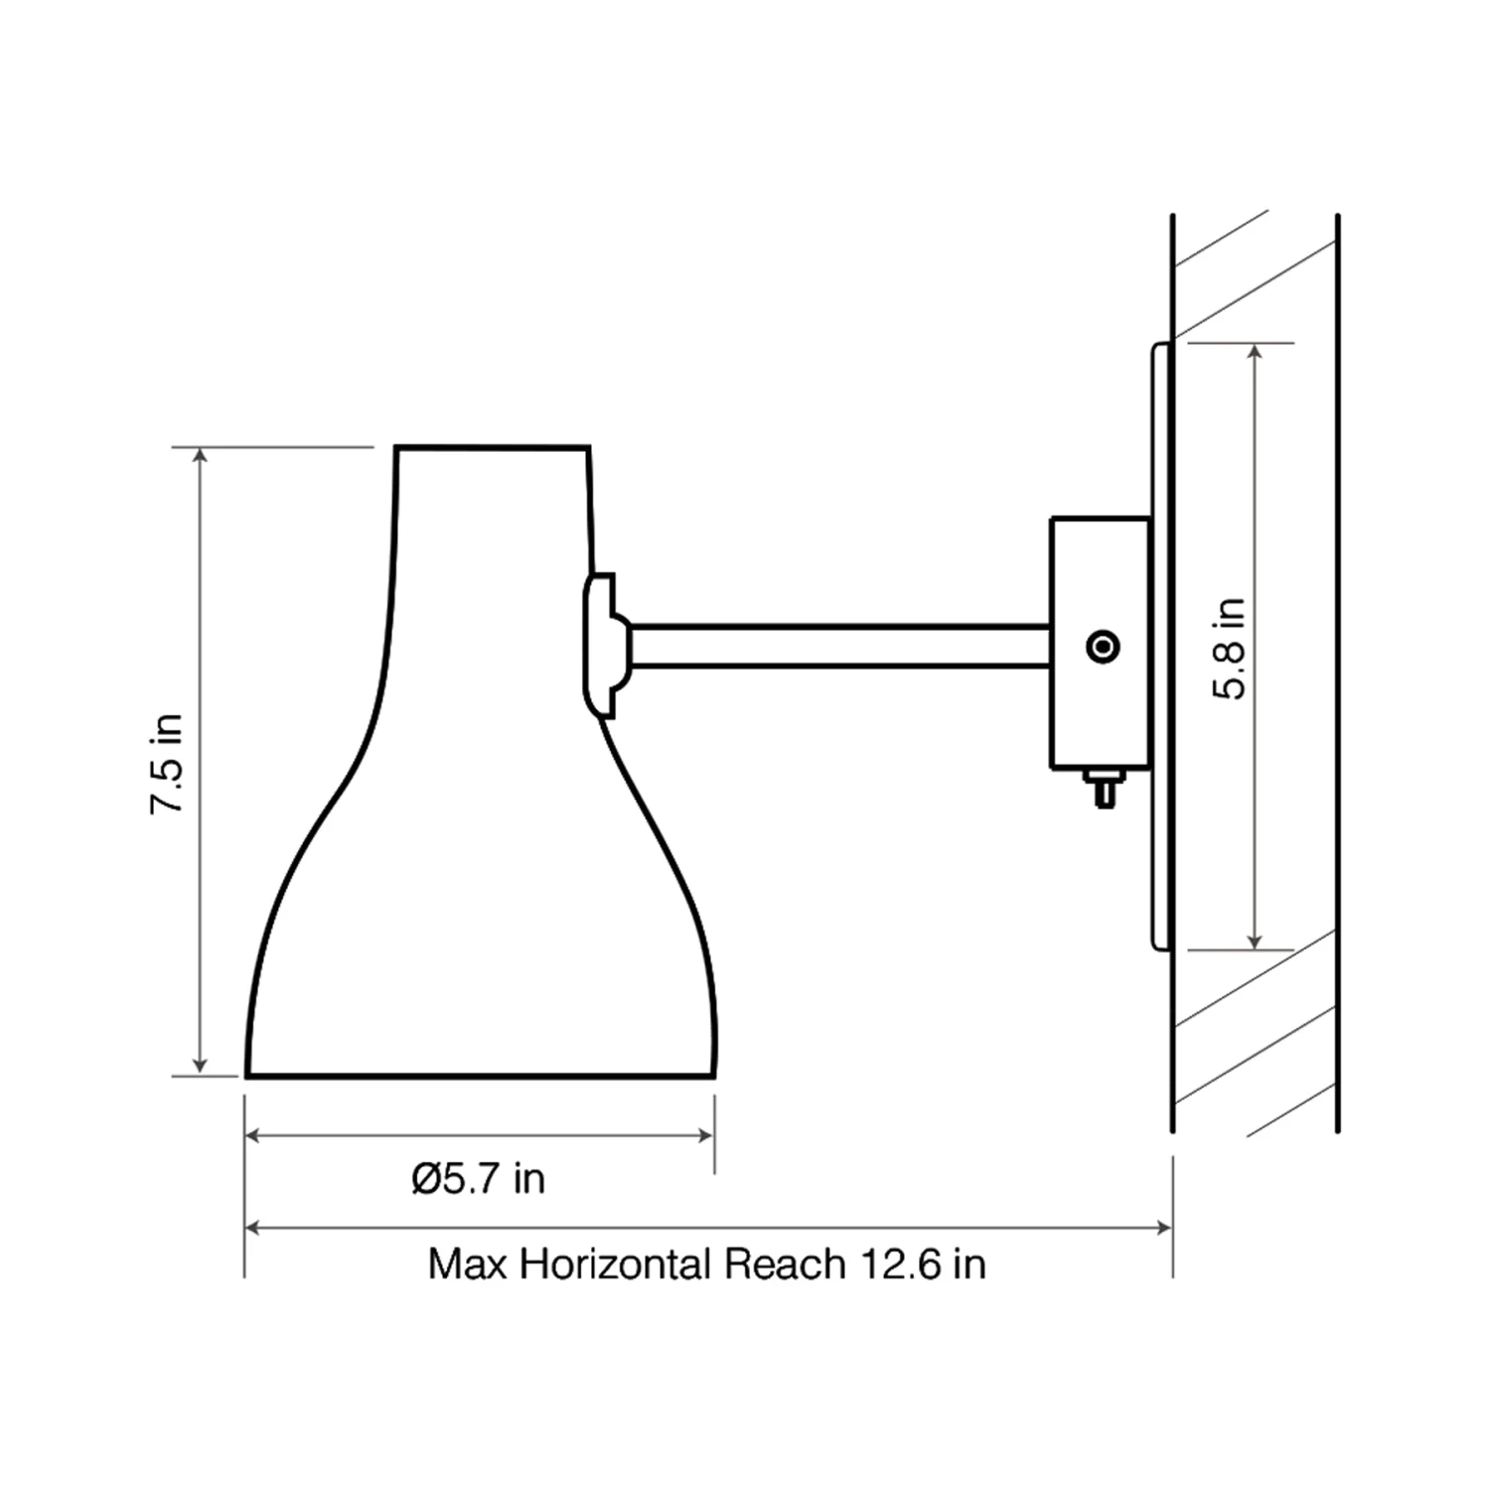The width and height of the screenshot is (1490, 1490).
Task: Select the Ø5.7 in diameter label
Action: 479,1179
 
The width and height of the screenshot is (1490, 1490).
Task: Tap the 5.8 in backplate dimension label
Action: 1230,649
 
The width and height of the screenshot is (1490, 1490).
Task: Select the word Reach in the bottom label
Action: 785,1265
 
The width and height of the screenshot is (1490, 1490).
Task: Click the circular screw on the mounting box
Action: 1104,647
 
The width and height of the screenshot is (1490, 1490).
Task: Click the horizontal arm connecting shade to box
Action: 839,646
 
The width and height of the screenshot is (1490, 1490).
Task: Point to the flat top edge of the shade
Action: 493,447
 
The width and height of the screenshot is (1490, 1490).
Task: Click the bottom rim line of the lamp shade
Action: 481,1076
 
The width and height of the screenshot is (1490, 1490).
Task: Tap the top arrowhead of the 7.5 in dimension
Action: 201,455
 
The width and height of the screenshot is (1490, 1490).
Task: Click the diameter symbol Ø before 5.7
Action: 426,1179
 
